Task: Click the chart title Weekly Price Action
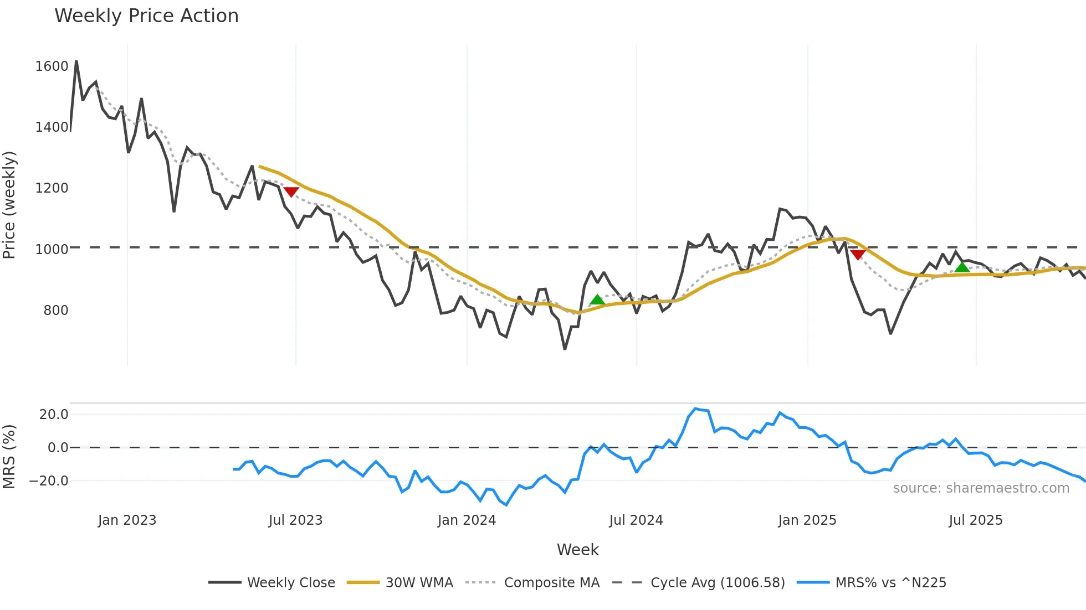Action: (x=146, y=16)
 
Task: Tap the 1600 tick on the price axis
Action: (x=52, y=66)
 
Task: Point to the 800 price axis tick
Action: (x=55, y=311)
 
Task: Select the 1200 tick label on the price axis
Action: (x=52, y=188)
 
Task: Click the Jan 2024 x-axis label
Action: (x=467, y=520)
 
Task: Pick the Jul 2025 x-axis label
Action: (x=976, y=520)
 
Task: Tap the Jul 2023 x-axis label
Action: (x=295, y=520)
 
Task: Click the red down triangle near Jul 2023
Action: (x=291, y=192)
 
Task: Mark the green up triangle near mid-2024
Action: (x=597, y=300)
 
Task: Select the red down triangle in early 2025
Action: (x=858, y=255)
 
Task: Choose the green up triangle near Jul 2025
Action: (x=962, y=267)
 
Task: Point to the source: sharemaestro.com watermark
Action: (x=981, y=488)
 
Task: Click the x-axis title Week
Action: (x=577, y=550)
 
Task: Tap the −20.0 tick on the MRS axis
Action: (x=49, y=481)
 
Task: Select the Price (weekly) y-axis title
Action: (x=9, y=205)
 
